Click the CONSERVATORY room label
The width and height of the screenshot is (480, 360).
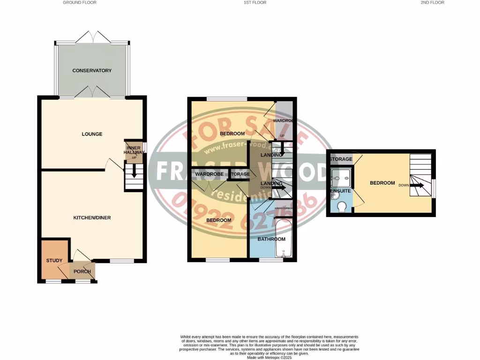(92, 71)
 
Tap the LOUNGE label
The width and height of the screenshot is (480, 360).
(92, 134)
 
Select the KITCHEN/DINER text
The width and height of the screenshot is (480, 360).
(92, 218)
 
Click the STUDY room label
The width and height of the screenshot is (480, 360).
(54, 261)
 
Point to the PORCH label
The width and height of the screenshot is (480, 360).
(82, 271)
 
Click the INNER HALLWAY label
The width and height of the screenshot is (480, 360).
(133, 150)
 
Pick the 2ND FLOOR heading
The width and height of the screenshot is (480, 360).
(432, 3)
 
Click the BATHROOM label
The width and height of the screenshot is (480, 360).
(269, 239)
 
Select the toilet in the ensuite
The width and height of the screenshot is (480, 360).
(342, 206)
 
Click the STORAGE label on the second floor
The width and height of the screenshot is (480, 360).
(340, 159)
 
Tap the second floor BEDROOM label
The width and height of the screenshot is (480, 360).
(382, 183)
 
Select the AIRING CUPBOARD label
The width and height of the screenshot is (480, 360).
(284, 208)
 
